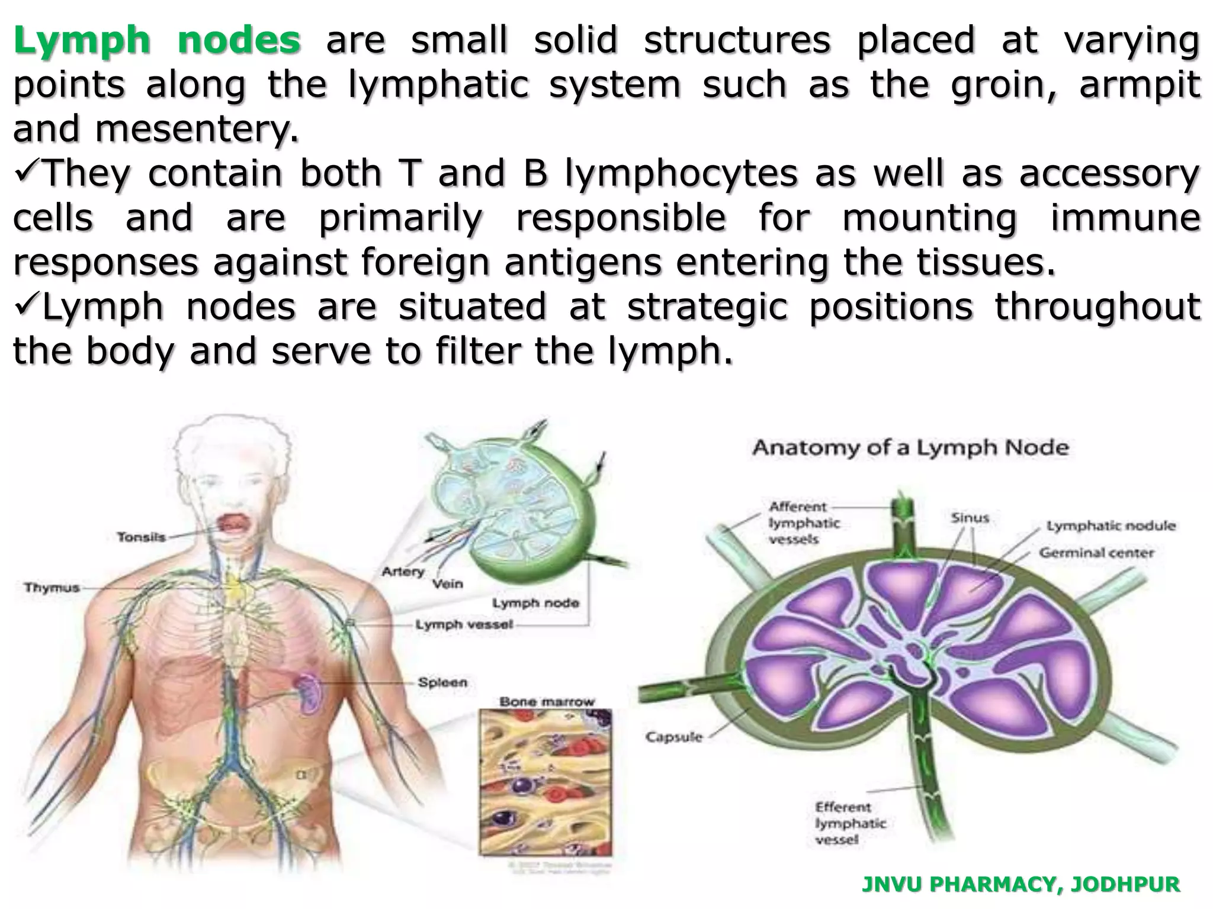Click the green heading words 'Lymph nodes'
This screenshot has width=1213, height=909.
click(157, 40)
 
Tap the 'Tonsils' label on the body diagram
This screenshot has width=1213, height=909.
click(141, 537)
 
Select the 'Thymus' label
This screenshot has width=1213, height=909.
click(52, 588)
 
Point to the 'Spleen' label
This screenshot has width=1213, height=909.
click(442, 682)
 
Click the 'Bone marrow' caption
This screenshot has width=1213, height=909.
click(546, 702)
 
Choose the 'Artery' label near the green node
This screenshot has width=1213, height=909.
click(403, 572)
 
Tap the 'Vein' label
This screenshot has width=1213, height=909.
click(447, 584)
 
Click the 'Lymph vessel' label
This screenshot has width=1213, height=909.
click(464, 624)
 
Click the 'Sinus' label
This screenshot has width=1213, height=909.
click(970, 518)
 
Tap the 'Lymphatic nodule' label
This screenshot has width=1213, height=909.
click(1111, 526)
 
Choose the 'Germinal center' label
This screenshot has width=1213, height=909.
click(1096, 553)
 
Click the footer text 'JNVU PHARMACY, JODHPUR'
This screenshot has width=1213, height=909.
click(1021, 884)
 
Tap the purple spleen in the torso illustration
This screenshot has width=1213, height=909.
click(309, 692)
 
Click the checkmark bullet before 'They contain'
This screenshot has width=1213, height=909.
click(27, 172)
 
